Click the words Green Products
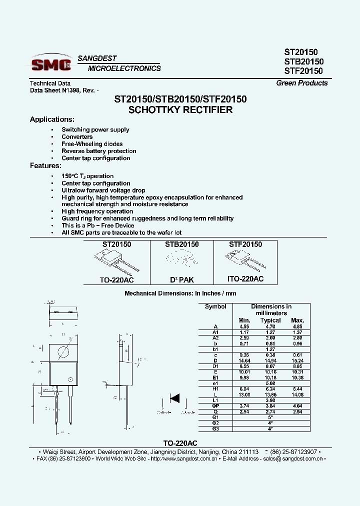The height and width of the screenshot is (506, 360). (302, 83)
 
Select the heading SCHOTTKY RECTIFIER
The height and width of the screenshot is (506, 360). (180, 110)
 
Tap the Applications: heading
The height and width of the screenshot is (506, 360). (52, 119)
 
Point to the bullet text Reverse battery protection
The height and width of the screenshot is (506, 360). (99, 151)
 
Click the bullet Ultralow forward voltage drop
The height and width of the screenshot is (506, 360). (103, 190)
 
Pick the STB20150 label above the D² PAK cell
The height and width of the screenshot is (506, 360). (182, 244)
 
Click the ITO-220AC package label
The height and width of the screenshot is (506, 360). (246, 279)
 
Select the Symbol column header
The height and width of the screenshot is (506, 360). (215, 306)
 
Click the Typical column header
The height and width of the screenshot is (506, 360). (270, 320)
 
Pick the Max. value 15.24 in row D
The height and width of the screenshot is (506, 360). (297, 360)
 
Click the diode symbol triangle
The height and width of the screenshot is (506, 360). (175, 398)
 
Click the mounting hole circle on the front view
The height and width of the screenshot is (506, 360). (63, 352)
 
